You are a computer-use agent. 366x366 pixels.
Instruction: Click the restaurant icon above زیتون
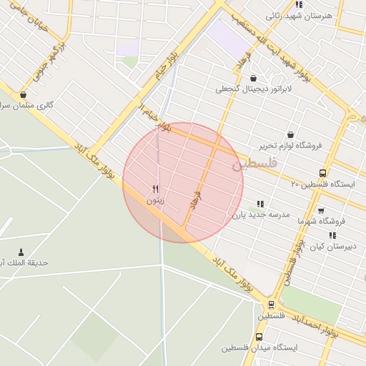coord(155,189)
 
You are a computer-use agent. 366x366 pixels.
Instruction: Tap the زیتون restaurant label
coord(155,201)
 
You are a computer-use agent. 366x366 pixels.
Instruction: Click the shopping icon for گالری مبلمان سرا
coord(24,94)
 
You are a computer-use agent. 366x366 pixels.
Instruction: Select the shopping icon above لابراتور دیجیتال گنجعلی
coord(253,78)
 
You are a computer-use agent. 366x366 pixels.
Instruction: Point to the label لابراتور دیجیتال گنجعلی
coord(254,89)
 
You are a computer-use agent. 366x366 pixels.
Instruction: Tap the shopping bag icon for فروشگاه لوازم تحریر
coord(290,134)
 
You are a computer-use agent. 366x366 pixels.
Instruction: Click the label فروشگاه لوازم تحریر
coord(290,145)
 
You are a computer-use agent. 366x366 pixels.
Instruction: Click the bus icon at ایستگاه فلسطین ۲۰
coord(322,173)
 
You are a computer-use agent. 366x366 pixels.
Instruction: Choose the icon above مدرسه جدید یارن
coord(260,204)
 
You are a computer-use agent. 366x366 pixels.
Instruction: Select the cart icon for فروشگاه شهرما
coord(320,210)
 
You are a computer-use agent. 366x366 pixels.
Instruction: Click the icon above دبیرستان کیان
coord(332,235)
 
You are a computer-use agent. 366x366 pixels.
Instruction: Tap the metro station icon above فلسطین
coord(270,305)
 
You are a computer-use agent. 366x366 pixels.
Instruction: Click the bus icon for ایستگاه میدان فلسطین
coord(258,337)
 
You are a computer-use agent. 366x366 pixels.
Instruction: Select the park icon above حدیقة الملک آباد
coord(20,252)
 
